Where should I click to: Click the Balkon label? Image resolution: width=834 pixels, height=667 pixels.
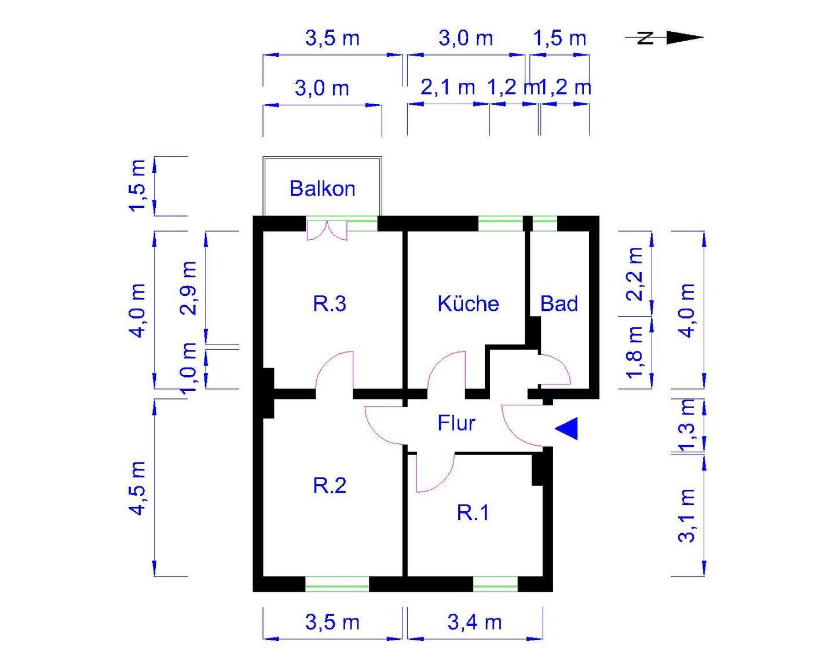coord(322,189)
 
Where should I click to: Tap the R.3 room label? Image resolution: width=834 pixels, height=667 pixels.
coord(330,303)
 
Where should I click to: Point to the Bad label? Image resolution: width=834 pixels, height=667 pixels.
coord(559,303)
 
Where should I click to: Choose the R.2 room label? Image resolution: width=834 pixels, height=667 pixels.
coord(330,485)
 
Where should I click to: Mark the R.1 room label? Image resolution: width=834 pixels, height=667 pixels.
coord(473,512)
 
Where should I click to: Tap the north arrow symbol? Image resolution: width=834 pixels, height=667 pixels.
coord(664,38)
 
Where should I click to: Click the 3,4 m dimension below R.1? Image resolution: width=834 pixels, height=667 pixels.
coord(474,623)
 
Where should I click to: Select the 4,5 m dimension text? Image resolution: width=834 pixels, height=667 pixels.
coord(138,488)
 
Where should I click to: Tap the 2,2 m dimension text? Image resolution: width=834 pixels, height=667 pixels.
coord(636,274)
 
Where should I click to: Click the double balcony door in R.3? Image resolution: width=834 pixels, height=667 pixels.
coord(327,230)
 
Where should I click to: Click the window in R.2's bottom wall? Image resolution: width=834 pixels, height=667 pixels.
coord(337,584)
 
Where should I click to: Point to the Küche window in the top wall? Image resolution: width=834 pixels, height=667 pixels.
coord(501,223)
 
